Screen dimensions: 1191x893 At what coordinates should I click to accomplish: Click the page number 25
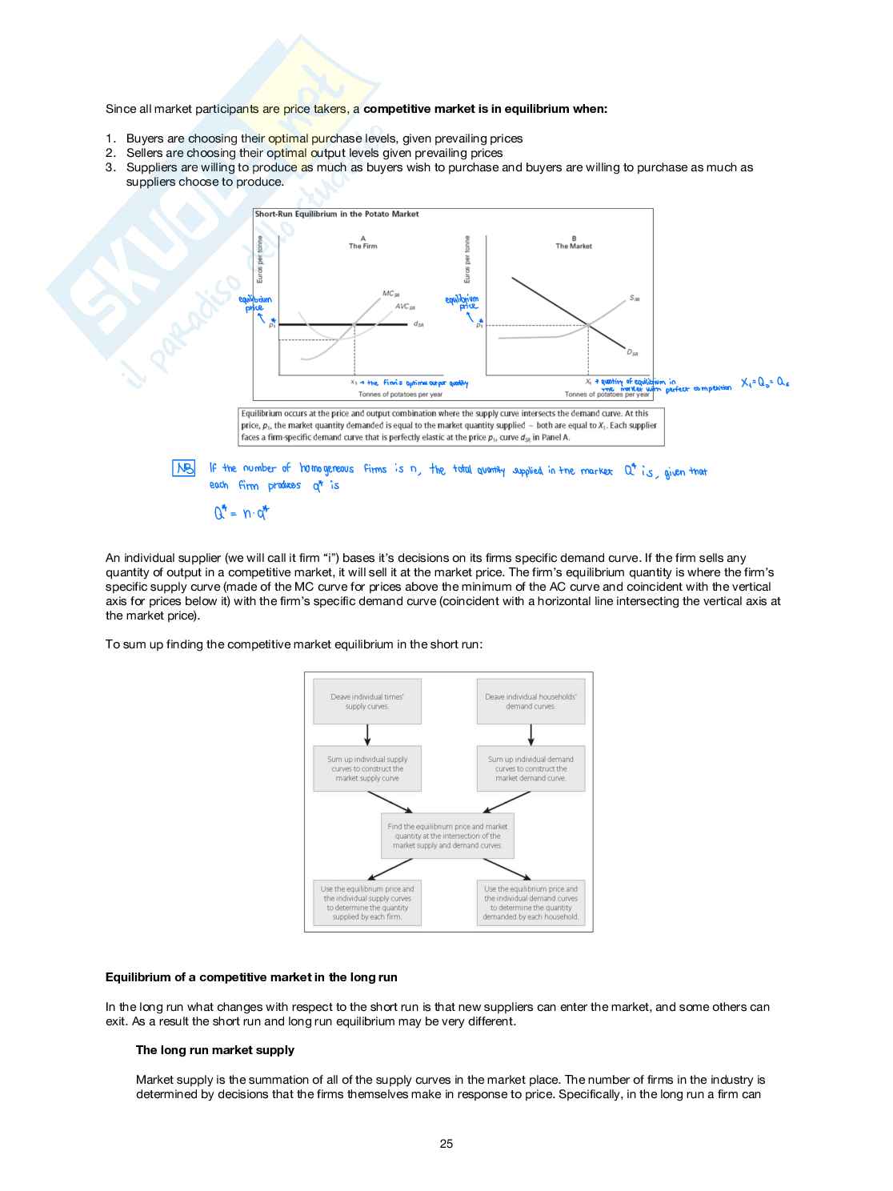[x=446, y=1144]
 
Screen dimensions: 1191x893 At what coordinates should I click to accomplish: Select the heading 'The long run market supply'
[x=214, y=1050]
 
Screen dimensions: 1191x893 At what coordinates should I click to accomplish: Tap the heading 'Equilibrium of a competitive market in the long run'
[x=251, y=977]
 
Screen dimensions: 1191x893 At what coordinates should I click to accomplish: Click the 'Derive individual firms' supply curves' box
[x=367, y=702]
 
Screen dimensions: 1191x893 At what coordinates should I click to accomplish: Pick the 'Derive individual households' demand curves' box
[x=531, y=702]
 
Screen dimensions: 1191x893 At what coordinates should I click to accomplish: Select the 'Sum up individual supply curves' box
[x=367, y=769]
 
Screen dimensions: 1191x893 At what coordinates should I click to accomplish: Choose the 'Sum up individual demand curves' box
[x=531, y=769]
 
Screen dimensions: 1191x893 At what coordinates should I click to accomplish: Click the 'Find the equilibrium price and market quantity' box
[x=447, y=836]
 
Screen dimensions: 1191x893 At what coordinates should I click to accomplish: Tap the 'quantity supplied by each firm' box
[x=367, y=904]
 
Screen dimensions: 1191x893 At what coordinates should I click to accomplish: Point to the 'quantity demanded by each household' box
[x=531, y=904]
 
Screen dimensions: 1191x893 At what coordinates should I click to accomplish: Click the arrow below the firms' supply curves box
[x=367, y=735]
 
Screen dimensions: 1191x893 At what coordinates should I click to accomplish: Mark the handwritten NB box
[x=184, y=468]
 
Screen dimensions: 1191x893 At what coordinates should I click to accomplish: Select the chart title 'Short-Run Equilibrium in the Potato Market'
[x=337, y=215]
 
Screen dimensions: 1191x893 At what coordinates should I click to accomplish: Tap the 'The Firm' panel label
[x=362, y=246]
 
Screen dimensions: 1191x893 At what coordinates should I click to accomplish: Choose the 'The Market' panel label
[x=574, y=246]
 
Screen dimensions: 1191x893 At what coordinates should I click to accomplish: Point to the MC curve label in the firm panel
[x=390, y=294]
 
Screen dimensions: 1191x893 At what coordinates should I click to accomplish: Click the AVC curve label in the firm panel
[x=405, y=307]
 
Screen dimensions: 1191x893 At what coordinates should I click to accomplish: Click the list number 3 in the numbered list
[x=110, y=167]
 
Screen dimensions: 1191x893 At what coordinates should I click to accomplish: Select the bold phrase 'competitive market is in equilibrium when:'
[x=485, y=109]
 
